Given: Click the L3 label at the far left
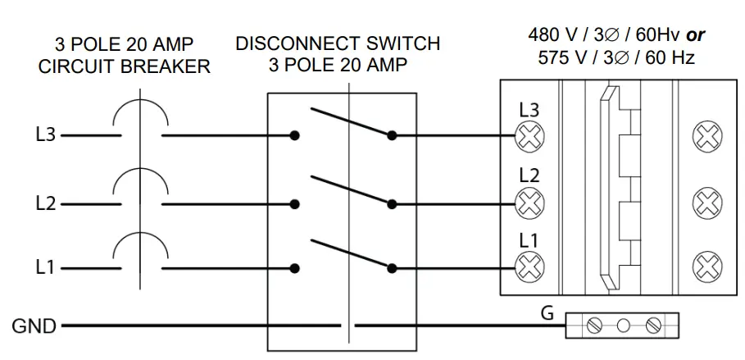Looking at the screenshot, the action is point(46,135).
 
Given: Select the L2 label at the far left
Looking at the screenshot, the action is point(46,204).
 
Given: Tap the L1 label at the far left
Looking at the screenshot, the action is point(45,268).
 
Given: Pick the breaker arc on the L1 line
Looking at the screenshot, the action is point(140,234).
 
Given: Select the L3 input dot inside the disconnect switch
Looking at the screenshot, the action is point(294,135).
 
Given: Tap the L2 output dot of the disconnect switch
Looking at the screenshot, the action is point(392,204).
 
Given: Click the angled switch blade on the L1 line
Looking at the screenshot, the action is point(351,254).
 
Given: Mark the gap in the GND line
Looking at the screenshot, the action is point(348,326).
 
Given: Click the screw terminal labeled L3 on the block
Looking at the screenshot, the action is point(529,136).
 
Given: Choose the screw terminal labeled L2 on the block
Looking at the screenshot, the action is point(529,203).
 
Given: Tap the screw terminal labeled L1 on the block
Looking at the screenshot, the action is point(529,267).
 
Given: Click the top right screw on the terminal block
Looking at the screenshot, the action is point(707,136).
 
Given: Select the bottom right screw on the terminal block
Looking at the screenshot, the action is point(707,267).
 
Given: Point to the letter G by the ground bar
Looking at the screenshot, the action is point(547,314).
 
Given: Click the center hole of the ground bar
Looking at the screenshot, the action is point(623,326).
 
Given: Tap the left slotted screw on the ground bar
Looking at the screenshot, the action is point(593,326).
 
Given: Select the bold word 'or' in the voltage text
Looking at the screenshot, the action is point(696,35).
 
